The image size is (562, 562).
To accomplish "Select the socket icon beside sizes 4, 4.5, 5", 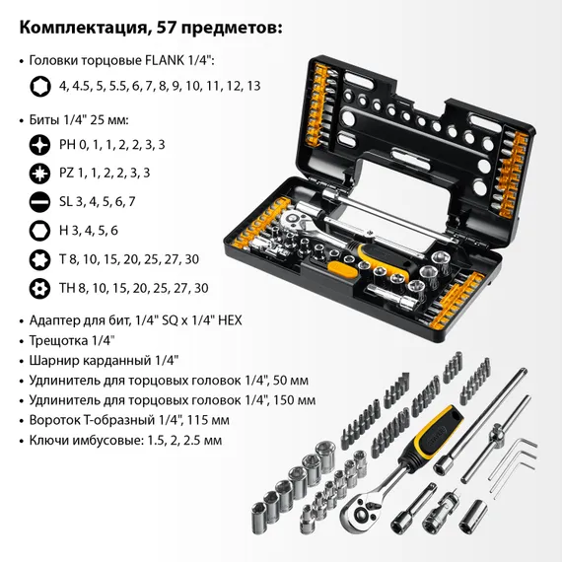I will [40, 86].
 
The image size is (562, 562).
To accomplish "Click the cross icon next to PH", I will [40, 144].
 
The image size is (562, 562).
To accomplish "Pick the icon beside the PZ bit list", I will [40, 173].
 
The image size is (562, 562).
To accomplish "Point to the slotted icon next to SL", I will [40, 201].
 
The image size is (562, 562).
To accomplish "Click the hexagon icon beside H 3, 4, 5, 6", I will [40, 230].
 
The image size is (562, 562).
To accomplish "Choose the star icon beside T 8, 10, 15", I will [40, 258].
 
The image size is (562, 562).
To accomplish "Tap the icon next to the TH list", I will [40, 287].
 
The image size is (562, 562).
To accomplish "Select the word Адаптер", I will [61, 320].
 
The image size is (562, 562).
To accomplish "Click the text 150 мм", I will [292, 400].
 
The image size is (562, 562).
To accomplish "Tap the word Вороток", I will [59, 420].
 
